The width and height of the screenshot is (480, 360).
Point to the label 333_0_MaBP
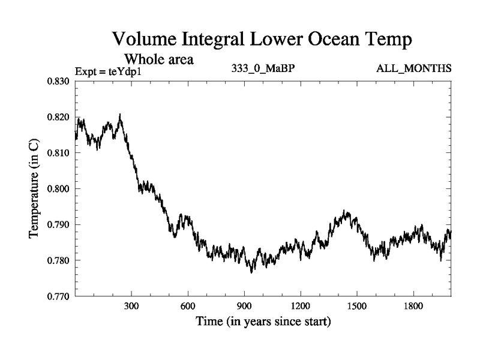[263, 68]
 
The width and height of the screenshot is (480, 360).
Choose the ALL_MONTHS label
[413, 68]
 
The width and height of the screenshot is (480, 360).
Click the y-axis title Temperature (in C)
[34, 188]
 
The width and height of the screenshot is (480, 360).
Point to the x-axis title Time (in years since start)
[263, 322]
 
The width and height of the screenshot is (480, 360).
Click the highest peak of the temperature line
[120, 114]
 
